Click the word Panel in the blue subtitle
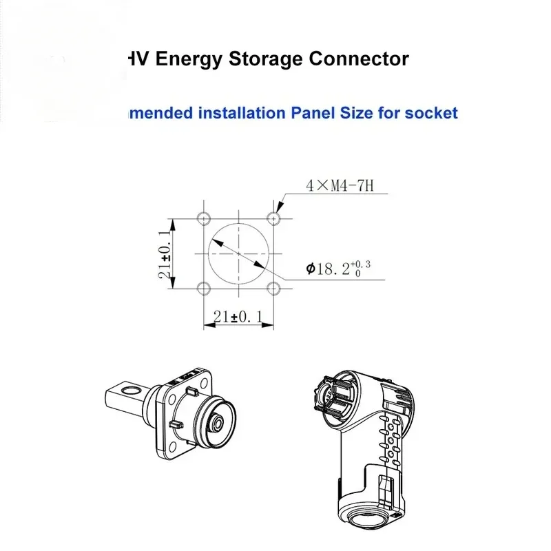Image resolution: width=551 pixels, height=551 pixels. (x=311, y=112)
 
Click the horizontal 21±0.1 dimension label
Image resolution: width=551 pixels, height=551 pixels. (x=238, y=317)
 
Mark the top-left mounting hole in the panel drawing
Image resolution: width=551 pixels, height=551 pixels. (x=203, y=218)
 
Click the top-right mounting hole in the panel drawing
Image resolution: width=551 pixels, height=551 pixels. (x=275, y=218)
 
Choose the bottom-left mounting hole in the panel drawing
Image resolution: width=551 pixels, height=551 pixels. (x=203, y=288)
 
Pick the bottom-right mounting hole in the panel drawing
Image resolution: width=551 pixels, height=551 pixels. (x=275, y=288)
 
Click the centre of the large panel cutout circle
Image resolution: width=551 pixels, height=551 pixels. (x=239, y=253)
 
